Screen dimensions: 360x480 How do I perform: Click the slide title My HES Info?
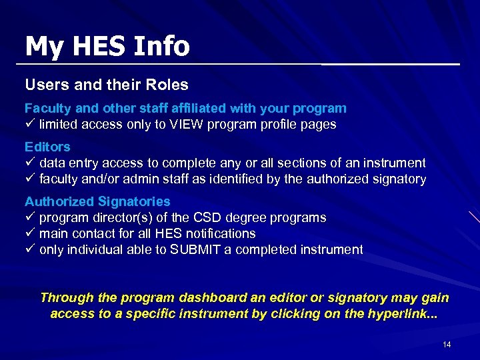(107, 46)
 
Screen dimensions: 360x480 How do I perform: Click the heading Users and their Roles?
(107, 85)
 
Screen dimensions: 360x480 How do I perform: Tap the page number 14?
(447, 344)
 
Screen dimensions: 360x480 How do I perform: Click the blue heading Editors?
(47, 147)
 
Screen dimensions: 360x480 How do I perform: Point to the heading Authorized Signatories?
(97, 201)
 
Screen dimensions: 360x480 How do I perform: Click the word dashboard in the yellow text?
(187, 298)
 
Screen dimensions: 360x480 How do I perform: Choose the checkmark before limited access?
(29, 125)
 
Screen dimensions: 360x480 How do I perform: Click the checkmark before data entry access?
(29, 163)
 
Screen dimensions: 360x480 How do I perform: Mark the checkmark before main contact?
(29, 234)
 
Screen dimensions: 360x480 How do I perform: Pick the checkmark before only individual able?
(29, 250)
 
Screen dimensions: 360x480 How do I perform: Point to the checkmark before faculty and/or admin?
(29, 179)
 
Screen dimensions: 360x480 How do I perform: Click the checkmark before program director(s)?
(29, 218)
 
